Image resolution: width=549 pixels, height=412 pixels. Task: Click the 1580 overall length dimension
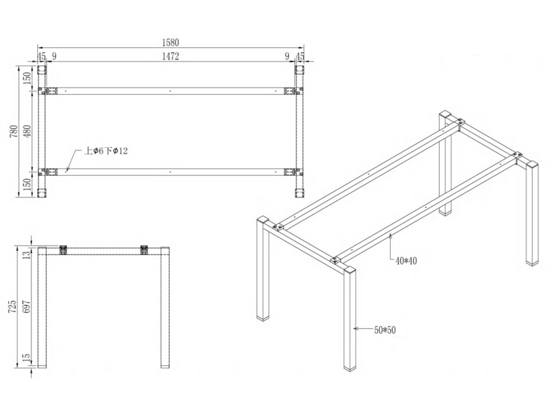point(170,42)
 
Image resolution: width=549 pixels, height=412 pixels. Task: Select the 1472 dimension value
point(170,56)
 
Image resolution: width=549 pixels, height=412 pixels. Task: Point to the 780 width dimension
point(14,131)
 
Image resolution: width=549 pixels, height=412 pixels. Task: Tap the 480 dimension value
point(28,131)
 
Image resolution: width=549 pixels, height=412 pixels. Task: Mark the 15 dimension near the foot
point(28,358)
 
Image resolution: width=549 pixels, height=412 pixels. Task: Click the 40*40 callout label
point(406,261)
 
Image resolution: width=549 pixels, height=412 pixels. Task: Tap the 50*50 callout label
point(384,330)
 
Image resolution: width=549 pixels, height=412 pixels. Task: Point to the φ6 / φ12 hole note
point(106,151)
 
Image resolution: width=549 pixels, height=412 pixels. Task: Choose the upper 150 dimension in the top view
point(28,78)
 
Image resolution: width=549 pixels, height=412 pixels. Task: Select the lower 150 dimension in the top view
point(28,185)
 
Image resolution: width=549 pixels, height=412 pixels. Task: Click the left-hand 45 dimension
point(41,56)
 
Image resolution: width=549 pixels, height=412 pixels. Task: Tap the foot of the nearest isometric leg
point(350,367)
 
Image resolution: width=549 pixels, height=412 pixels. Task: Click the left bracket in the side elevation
point(63,250)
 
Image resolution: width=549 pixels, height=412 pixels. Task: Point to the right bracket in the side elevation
point(144,250)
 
